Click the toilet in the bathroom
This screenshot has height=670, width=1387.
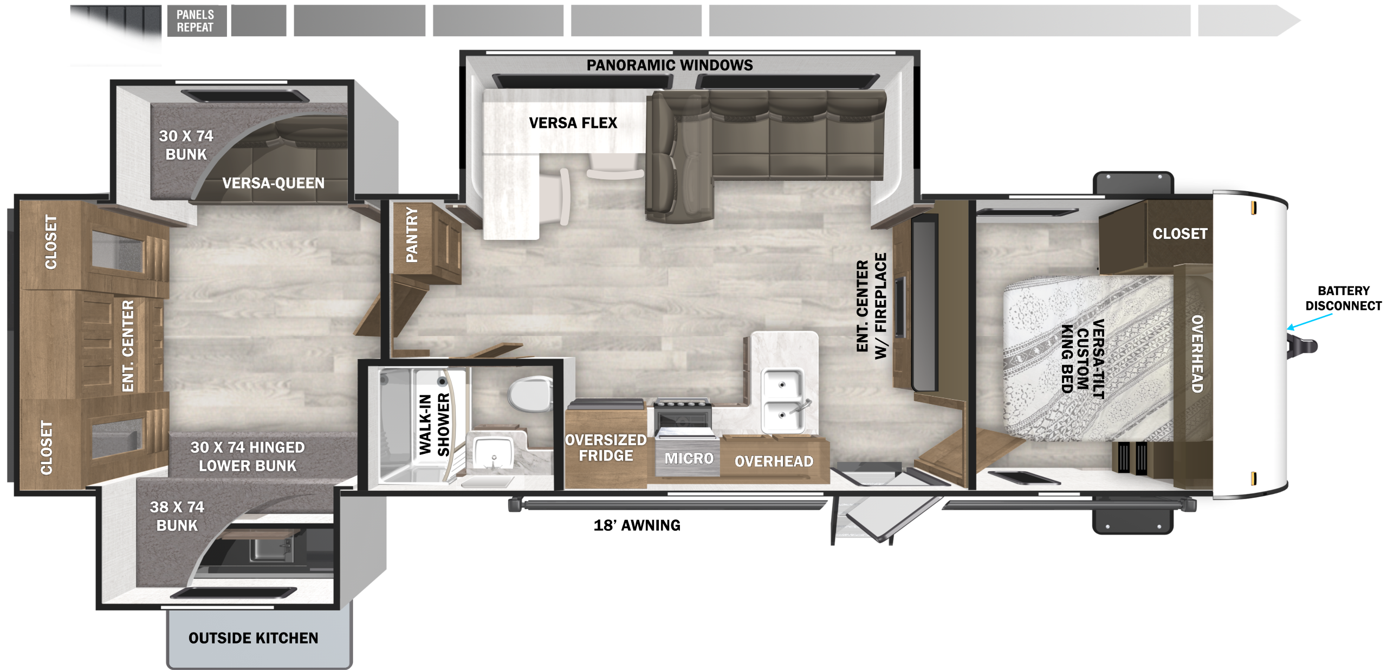[x=529, y=393]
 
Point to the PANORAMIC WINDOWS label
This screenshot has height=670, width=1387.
[x=670, y=66]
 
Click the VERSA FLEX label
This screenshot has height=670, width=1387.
[x=573, y=123]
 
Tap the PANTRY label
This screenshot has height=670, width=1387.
[x=412, y=235]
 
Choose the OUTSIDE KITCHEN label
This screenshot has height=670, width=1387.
[x=253, y=638]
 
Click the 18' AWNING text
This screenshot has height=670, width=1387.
[x=637, y=525]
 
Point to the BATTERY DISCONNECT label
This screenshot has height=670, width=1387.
[x=1343, y=298]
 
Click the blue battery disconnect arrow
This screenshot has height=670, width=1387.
[x=1310, y=322]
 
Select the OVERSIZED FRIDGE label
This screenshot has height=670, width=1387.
[x=606, y=448]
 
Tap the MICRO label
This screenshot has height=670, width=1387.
[x=689, y=459]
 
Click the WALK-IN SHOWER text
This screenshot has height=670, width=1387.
[x=435, y=425]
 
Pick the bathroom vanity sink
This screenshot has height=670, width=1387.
[x=493, y=453]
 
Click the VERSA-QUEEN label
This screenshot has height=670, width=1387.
[x=273, y=183]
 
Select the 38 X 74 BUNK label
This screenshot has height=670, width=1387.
[x=177, y=516]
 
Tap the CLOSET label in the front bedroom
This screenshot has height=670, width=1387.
[x=1179, y=234]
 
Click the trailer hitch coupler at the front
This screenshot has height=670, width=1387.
[x=1303, y=346]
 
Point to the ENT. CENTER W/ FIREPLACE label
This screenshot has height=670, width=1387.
[x=872, y=306]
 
